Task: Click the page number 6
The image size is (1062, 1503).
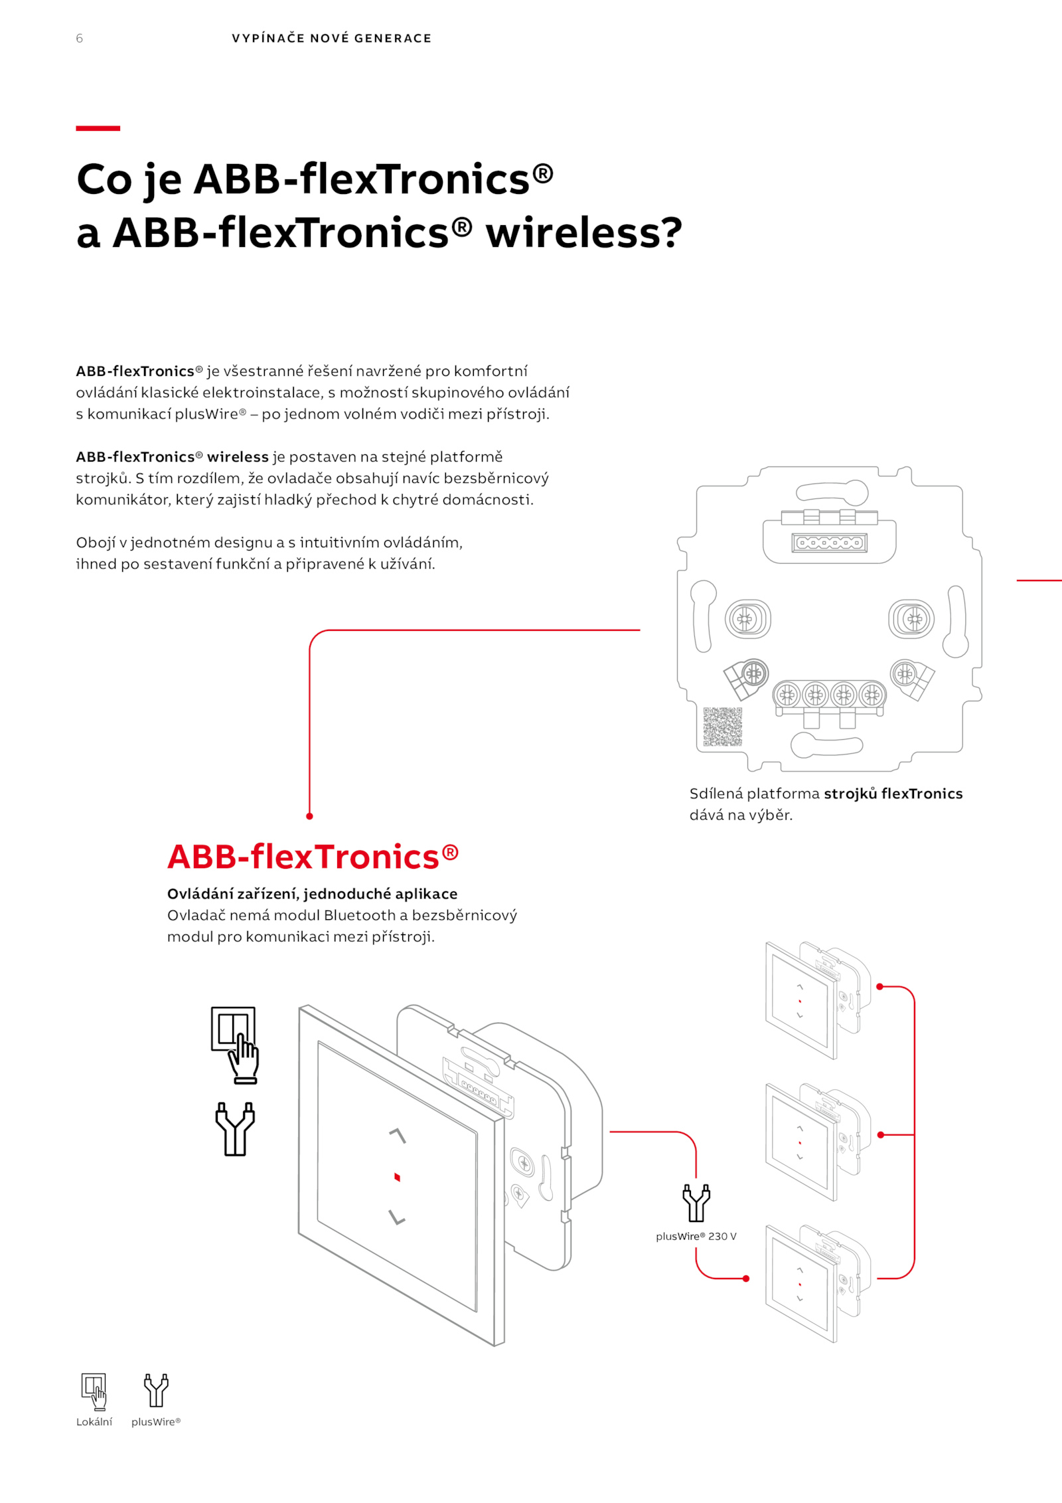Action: pyautogui.click(x=80, y=39)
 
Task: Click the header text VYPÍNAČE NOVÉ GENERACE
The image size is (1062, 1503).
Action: pyautogui.click(x=331, y=39)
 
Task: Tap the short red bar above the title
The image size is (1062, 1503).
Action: pyautogui.click(x=98, y=128)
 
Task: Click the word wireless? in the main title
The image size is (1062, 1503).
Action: pyautogui.click(x=583, y=234)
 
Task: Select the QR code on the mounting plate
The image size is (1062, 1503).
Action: pyautogui.click(x=722, y=727)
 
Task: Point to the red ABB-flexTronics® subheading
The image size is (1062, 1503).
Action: pyautogui.click(x=313, y=857)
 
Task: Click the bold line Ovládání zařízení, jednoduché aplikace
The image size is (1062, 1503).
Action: pyautogui.click(x=312, y=894)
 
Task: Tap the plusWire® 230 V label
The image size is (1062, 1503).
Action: pyautogui.click(x=696, y=1237)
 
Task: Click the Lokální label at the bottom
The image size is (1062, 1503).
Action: pyautogui.click(x=94, y=1422)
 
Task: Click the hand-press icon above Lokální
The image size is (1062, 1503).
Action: pyautogui.click(x=94, y=1391)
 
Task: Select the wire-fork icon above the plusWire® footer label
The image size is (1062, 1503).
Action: pyautogui.click(x=157, y=1391)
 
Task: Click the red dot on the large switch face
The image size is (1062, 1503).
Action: pyautogui.click(x=397, y=1178)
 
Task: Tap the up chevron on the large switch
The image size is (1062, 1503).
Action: pyautogui.click(x=397, y=1135)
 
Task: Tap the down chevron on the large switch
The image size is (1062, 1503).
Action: pyautogui.click(x=397, y=1217)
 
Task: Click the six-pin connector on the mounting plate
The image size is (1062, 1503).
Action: pyautogui.click(x=829, y=543)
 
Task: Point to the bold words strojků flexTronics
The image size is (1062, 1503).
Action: pyautogui.click(x=893, y=794)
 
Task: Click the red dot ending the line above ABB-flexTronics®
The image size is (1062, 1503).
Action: pyautogui.click(x=309, y=816)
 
